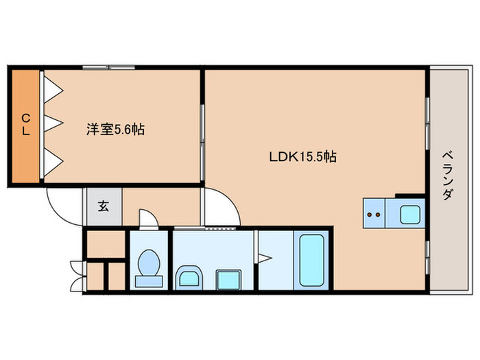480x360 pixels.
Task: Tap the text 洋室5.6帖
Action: (x=115, y=128)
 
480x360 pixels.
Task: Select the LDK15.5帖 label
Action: (x=302, y=156)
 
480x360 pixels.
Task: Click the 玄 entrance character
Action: (x=103, y=206)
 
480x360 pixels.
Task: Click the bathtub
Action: (x=313, y=259)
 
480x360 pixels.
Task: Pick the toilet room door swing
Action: (x=147, y=219)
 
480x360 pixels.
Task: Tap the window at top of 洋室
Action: (x=109, y=67)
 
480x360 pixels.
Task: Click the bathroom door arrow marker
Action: (x=265, y=258)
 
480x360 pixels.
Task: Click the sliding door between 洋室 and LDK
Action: (x=203, y=133)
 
